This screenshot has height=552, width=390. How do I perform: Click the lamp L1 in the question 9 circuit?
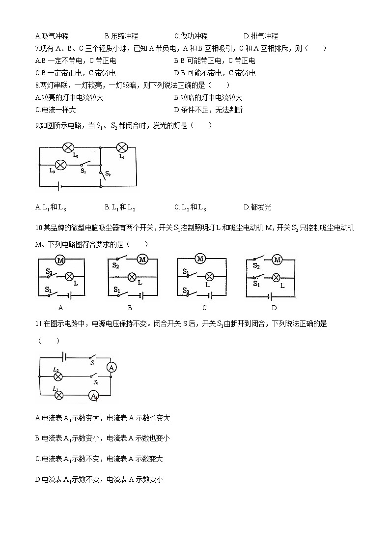click(x=121, y=147)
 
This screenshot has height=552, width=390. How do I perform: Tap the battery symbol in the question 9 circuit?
click(x=59, y=186)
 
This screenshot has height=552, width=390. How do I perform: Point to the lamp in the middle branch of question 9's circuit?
click(x=60, y=165)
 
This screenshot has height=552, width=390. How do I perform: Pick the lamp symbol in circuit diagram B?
click(x=132, y=277)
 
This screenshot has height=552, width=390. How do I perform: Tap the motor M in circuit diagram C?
click(x=200, y=259)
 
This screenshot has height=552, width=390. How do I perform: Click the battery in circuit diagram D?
click(x=270, y=296)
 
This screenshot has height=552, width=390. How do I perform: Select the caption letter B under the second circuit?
click(x=130, y=308)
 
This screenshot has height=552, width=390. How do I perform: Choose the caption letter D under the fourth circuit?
click(x=274, y=308)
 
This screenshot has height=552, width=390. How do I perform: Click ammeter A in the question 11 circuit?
click(x=111, y=367)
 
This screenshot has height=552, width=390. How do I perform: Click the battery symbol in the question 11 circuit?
click(x=63, y=356)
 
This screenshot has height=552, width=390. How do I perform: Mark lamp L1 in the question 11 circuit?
click(x=58, y=395)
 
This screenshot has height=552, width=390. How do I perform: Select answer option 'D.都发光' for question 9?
click(x=257, y=207)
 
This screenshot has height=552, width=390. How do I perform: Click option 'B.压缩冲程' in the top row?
click(x=121, y=36)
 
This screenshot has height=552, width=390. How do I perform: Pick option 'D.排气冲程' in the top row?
click(x=261, y=36)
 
